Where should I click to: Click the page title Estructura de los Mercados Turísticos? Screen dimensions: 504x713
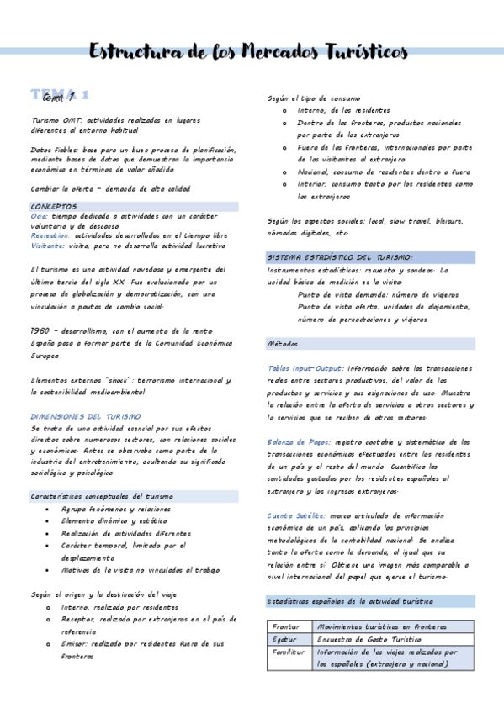pos(249,52)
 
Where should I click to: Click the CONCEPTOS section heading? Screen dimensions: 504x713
pos(53,206)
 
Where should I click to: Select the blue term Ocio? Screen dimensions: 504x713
pos(39,216)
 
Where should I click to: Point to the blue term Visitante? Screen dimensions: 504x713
pos(47,246)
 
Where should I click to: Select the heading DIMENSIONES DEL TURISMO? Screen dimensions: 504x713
pos(86,416)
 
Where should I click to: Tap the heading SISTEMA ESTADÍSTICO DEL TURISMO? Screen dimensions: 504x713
pos(340,257)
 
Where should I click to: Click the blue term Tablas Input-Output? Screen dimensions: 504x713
pos(305,368)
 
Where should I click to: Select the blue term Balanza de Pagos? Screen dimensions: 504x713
pos(299,442)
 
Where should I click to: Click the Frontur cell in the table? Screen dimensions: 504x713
pos(286,626)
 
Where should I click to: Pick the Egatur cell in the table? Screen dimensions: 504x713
pos(284,639)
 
